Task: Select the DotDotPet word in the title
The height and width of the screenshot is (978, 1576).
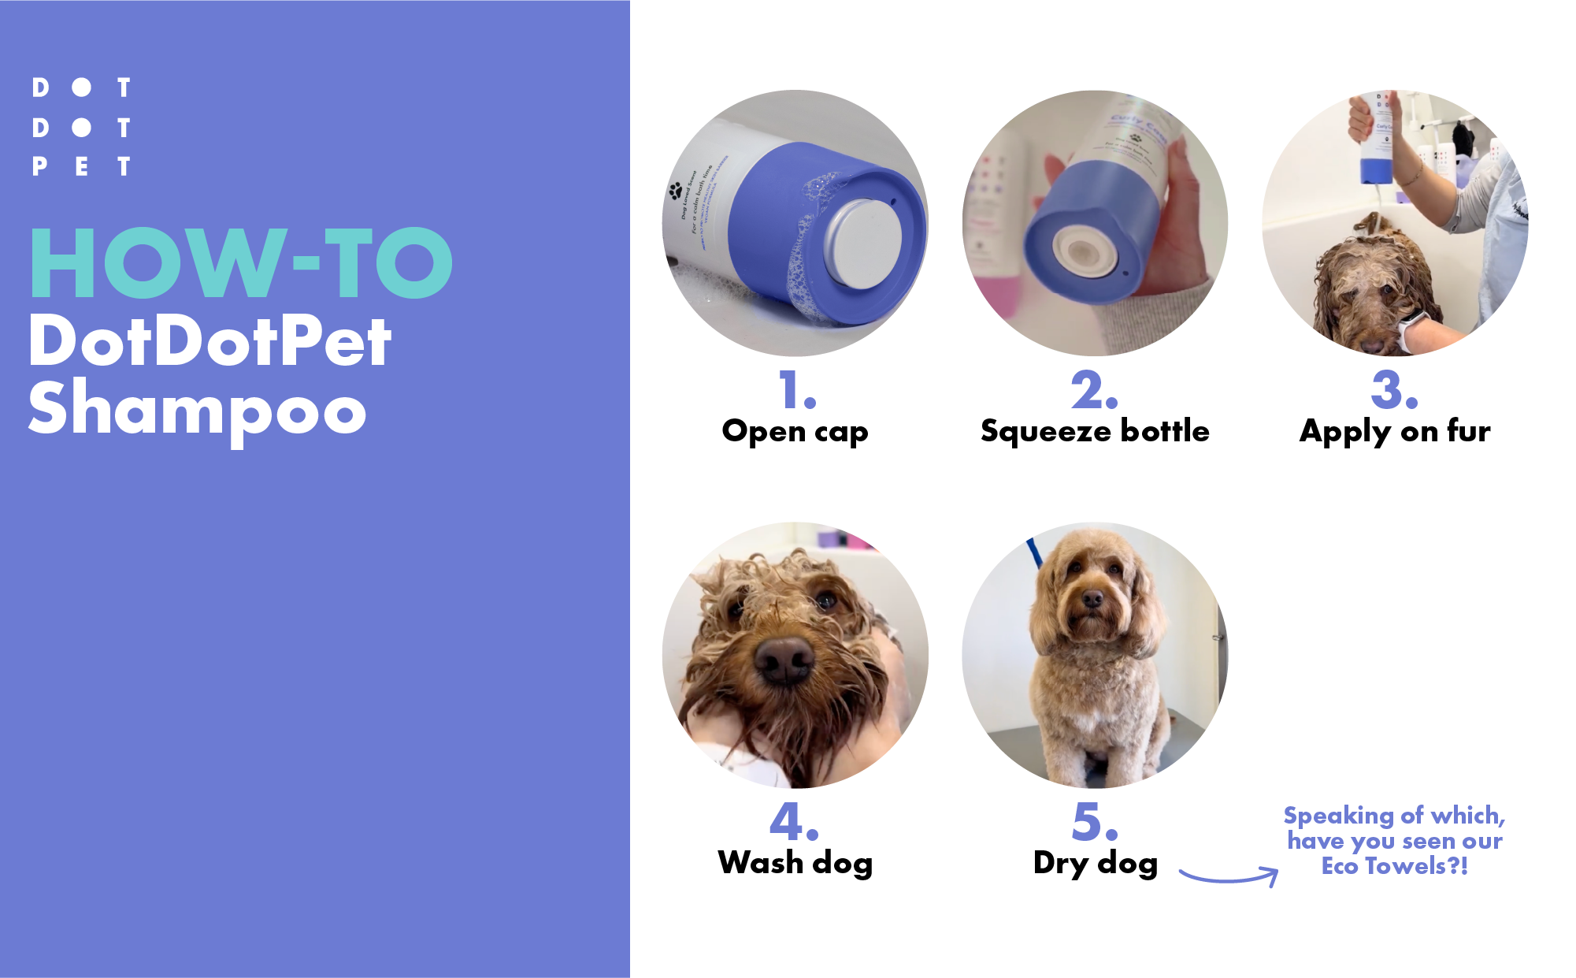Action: pos(210,340)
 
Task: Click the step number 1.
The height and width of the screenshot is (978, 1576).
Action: pos(796,390)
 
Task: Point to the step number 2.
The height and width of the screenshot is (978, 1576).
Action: pos(1094,390)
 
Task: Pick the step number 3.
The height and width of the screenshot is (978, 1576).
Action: pos(1394,390)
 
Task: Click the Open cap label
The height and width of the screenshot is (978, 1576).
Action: pos(795,432)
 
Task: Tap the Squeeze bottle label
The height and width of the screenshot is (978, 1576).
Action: pos(1095,431)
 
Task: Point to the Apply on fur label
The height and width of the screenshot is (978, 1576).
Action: pos(1395,432)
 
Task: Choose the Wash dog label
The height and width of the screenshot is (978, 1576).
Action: pos(795,863)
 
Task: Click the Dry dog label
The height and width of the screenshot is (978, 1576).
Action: pos(1096,863)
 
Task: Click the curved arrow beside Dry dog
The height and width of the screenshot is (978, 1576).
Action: pos(1229,876)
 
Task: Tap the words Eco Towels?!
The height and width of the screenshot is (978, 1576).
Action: pos(1394,866)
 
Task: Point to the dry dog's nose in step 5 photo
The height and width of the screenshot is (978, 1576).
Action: pos(1092,600)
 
